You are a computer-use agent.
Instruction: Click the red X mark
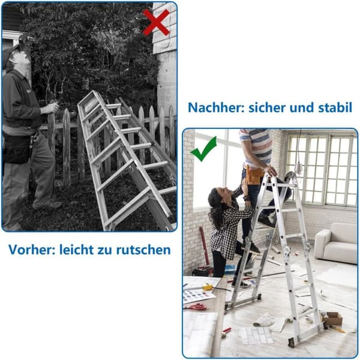pos(157,23)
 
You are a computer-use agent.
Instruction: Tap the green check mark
pos(203,149)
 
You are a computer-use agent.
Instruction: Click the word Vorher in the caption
pos(31,250)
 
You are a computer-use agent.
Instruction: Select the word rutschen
pos(143,250)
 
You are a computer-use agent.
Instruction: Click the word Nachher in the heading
pos(215,107)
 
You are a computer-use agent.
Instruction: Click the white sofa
pos(335,244)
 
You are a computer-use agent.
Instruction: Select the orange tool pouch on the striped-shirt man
pos(255,175)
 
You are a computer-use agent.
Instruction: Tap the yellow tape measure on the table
pos(208,287)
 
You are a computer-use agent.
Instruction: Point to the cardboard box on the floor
pos(332,318)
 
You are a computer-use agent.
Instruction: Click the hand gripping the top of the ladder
pos(269,170)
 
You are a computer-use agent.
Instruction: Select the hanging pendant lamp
pos(298,167)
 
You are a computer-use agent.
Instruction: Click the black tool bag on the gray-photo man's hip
pos(17,149)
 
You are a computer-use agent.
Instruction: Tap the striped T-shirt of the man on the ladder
pos(256,147)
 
